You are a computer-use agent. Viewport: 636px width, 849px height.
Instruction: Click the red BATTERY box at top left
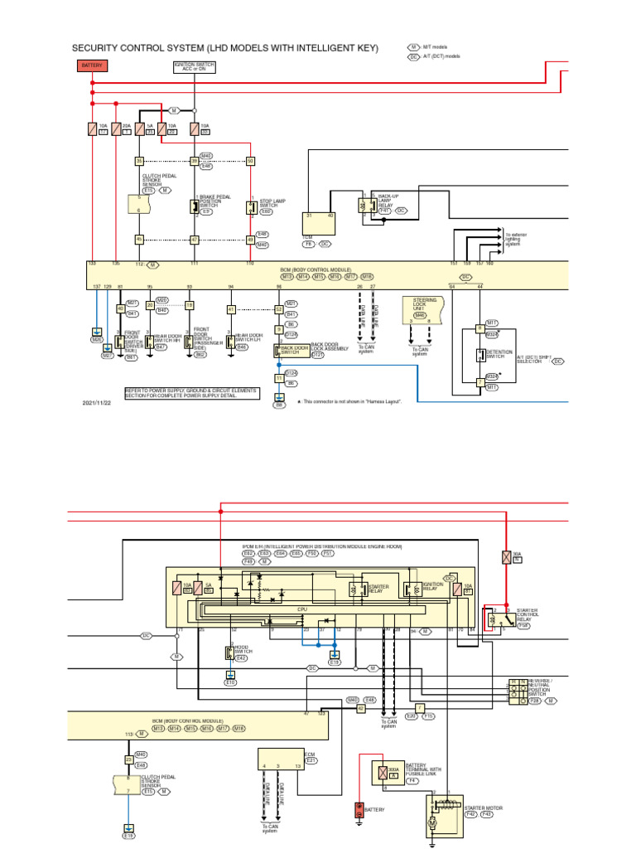(x=91, y=65)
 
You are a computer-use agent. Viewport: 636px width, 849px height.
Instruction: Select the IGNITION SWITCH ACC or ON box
(x=194, y=67)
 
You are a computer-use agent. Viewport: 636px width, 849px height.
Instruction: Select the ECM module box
(x=280, y=762)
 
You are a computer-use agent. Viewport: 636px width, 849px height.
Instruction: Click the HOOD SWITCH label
(x=241, y=649)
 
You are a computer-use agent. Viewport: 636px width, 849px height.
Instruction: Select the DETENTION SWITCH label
(x=499, y=354)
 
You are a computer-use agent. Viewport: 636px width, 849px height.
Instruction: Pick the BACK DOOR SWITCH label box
(x=295, y=348)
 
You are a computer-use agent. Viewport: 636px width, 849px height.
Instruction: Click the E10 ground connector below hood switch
(x=230, y=682)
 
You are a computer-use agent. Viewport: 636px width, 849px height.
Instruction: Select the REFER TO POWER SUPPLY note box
(x=190, y=392)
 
